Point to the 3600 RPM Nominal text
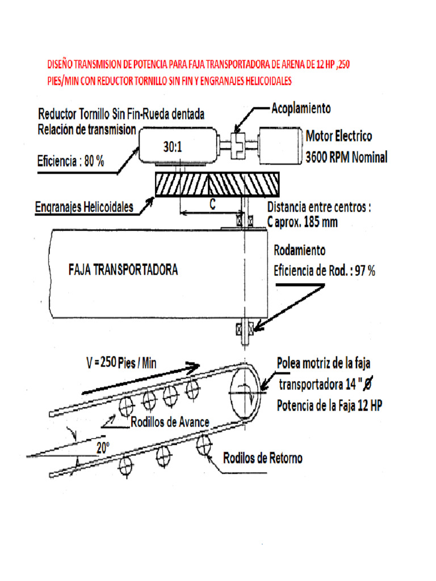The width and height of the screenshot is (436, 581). (346, 157)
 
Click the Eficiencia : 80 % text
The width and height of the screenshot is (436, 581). (70, 161)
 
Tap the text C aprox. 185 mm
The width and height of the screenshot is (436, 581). (302, 222)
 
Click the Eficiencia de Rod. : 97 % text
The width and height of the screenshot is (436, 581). (324, 271)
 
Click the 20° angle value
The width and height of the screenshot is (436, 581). (102, 448)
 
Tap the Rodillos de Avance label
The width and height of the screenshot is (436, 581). (170, 422)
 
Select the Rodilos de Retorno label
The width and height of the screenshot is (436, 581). (262, 458)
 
